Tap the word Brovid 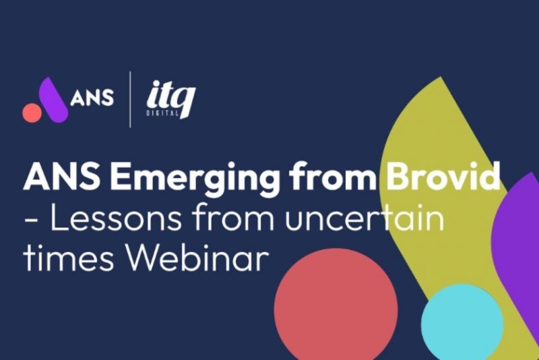[443, 175]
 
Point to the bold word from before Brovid [332, 176]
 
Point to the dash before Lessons [31, 219]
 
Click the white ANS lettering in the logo [92, 97]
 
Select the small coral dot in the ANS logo [32, 113]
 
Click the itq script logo [171, 98]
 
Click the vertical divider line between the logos [130, 100]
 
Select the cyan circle [462, 322]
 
